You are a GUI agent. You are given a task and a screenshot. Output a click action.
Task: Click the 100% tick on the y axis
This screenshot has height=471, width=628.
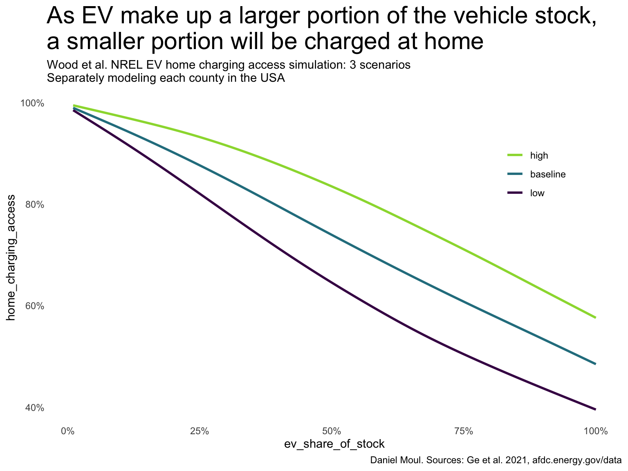coord(32,103)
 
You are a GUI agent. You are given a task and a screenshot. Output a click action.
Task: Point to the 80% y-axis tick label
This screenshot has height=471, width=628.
coord(34,205)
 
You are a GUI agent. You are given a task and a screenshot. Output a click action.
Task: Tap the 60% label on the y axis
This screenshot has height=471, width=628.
coord(34,306)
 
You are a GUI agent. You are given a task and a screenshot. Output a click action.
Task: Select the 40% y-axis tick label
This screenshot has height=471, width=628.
coord(34,408)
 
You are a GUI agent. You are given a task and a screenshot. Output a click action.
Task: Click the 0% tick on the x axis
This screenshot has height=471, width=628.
coord(67,431)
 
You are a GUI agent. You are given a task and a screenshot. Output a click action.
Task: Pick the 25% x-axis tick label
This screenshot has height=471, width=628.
coord(200,431)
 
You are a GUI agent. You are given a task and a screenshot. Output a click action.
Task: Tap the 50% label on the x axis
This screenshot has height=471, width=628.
coord(332,431)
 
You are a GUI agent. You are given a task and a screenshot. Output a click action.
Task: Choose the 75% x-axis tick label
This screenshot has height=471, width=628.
coord(464,431)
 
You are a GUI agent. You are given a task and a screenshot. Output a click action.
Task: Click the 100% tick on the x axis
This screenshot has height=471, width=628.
coord(596,431)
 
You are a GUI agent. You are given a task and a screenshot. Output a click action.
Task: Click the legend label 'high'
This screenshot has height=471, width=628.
coord(539,155)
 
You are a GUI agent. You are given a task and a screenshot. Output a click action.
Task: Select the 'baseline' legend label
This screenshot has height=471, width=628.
coord(548,175)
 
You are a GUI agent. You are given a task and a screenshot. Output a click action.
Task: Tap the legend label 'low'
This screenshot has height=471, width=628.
coord(537,193)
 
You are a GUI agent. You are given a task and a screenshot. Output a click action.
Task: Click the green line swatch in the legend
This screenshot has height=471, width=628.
coord(515,155)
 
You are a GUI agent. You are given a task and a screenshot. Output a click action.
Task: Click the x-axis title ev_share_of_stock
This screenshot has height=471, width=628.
coord(334,444)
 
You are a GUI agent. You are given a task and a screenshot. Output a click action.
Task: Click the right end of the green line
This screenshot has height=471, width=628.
coord(595,317)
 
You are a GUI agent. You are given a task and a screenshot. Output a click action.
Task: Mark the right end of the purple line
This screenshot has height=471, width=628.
coord(595,409)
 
